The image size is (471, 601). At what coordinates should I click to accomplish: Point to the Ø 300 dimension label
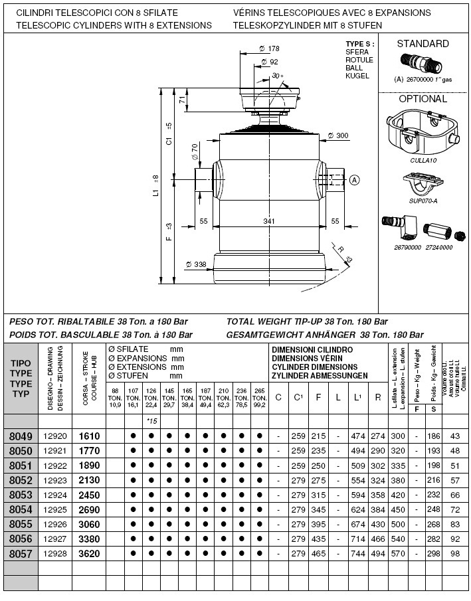pos(338,135)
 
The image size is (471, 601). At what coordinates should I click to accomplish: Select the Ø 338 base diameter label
pos(196,264)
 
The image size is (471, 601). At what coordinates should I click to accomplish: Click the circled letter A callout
pos(355,179)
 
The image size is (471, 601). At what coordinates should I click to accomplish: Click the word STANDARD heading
pos(423,44)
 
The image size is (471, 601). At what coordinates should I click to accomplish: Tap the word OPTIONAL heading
pos(423,99)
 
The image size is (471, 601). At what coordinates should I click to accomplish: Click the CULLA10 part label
pos(423,160)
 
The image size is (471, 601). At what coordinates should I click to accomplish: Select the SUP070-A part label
pos(423,200)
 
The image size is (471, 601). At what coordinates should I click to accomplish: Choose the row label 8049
pos(21,436)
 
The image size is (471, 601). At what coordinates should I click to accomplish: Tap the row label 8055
pos(21,523)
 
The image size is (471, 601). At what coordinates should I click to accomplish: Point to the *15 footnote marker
pos(151,421)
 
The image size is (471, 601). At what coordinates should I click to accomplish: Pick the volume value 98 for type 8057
pos(455,553)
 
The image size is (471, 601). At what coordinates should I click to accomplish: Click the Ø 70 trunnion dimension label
pos(195,151)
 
